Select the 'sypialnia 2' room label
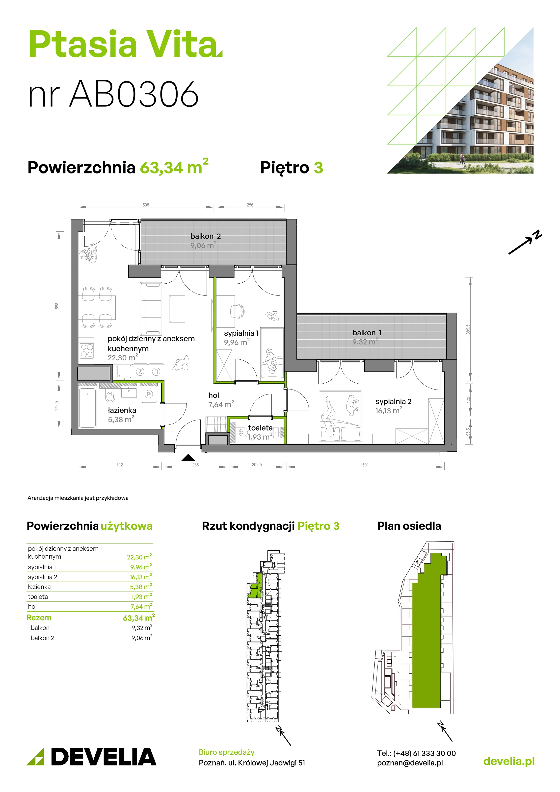(x=393, y=401)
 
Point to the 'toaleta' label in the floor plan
(x=260, y=428)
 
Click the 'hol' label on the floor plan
(x=214, y=395)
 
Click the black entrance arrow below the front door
(x=188, y=457)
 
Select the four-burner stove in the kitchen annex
(x=87, y=351)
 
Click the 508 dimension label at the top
(x=146, y=205)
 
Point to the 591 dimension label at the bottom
(x=365, y=465)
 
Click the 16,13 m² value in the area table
(x=141, y=577)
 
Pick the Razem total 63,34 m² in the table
(x=139, y=618)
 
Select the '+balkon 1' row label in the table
(x=40, y=628)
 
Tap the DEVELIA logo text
(x=104, y=757)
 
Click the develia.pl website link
(x=509, y=761)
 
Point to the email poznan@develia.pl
(x=410, y=763)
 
